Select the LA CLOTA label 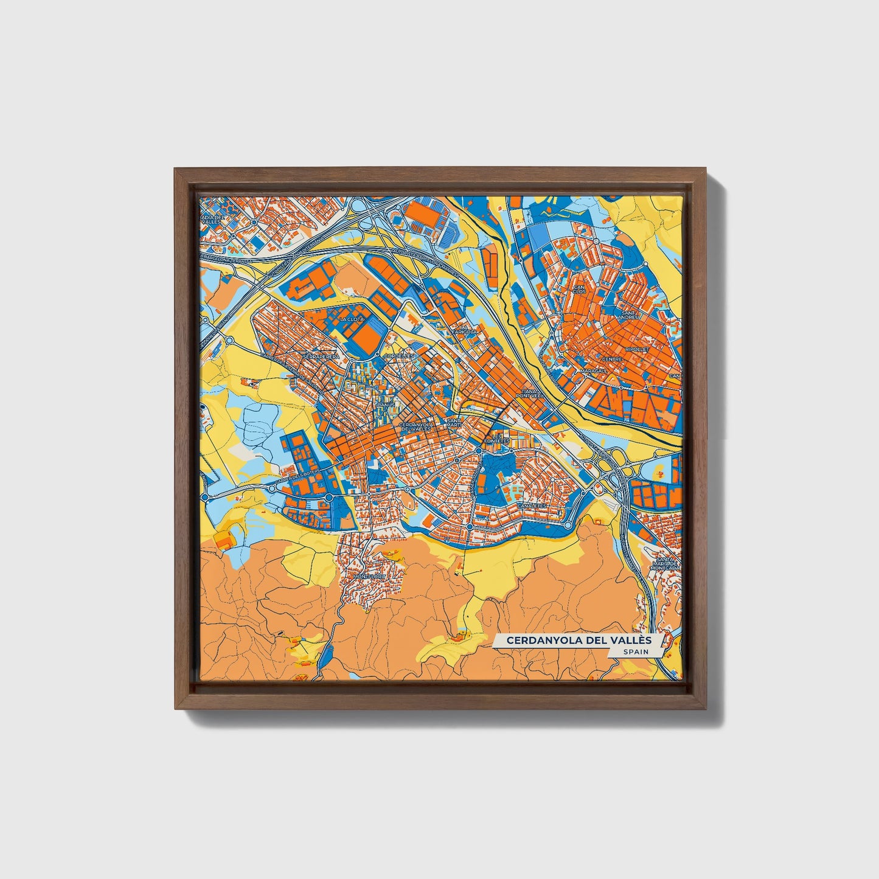[352, 319]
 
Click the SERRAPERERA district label [320, 357]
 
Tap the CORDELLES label [399, 356]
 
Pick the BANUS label [386, 404]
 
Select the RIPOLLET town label [638, 350]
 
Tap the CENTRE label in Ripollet [612, 359]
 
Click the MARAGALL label [593, 370]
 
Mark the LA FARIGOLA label [465, 329]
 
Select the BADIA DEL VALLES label [214, 220]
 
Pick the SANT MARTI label [454, 423]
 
